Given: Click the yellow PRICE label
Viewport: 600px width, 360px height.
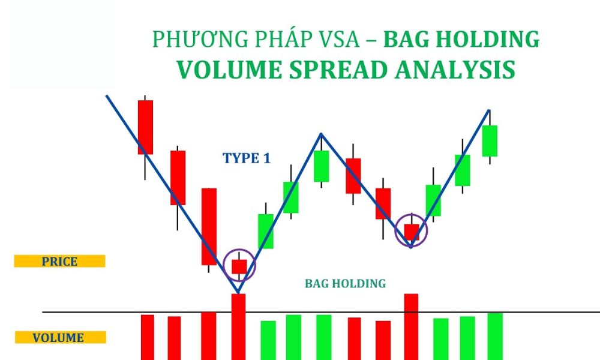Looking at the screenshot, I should pos(59,262).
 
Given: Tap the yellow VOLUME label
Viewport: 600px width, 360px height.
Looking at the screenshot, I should pos(59,338).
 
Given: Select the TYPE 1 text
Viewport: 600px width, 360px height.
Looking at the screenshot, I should pos(246,158).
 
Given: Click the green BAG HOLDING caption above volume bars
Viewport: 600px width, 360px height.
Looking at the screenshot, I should pos(345,283).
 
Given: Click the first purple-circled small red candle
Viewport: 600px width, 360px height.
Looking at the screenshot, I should pos(239,266).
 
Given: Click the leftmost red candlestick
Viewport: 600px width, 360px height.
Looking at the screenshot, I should pos(145,127).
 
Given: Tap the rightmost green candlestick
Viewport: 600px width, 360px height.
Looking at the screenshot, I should pos(490,141).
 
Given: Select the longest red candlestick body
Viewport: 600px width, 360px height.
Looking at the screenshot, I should pos(209,226).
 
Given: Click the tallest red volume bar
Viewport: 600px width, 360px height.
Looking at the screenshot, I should pos(238,326).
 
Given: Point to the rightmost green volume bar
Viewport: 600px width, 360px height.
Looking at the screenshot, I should pos(494,336).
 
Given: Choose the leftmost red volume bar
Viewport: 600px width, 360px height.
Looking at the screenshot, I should pos(147,337).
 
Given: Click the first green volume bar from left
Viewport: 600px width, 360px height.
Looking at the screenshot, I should pos(268,340).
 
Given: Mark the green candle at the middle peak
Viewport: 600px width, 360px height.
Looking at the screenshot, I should pos(322,166).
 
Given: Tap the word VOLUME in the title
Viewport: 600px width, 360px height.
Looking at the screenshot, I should pos(226,69).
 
